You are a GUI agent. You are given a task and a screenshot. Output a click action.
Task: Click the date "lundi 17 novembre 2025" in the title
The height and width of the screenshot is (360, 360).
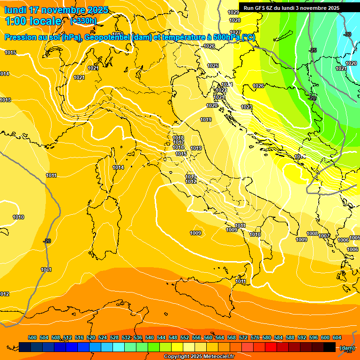pos(56,10)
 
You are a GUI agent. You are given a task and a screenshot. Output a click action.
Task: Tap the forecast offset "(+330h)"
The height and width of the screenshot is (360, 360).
pos(83,21)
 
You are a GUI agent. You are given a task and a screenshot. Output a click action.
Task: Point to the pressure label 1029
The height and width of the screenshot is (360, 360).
pos(233,12)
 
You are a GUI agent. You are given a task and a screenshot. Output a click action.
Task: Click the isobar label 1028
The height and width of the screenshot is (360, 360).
pos(235,20)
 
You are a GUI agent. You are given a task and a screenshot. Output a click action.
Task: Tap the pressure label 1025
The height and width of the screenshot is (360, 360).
pos(213,66)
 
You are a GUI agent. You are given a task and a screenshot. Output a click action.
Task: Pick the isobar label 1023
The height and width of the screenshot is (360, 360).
pos(247,107)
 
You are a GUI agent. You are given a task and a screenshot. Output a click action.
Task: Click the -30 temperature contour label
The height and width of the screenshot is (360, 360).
pos(347,34)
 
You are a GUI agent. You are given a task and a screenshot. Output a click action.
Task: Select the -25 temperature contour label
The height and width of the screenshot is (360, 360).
pos(313,50)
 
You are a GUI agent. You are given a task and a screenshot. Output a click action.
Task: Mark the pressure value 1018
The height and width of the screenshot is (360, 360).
pos(179,138)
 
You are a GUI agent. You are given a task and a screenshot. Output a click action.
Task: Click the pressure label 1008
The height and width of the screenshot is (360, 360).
pos(312,233)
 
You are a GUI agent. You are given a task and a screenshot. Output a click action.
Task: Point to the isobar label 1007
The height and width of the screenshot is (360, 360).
pos(324,236)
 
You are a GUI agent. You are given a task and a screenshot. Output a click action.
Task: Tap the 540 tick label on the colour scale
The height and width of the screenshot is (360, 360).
pos(150,337)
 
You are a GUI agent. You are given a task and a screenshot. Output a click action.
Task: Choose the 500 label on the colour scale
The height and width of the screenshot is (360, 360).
pos(32,337)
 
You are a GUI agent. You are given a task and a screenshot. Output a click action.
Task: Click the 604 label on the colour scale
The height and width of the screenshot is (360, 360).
pos(337,337)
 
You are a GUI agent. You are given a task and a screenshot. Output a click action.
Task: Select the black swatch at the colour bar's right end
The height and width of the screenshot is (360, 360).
pos(330,347)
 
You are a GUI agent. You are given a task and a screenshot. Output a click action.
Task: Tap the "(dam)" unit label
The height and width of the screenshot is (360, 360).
pos(347,347)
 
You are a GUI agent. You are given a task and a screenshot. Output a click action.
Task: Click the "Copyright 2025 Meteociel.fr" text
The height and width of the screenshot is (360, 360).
pos(199,356)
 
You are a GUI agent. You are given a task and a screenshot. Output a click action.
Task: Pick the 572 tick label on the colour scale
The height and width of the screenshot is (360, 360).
pos(243,337)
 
